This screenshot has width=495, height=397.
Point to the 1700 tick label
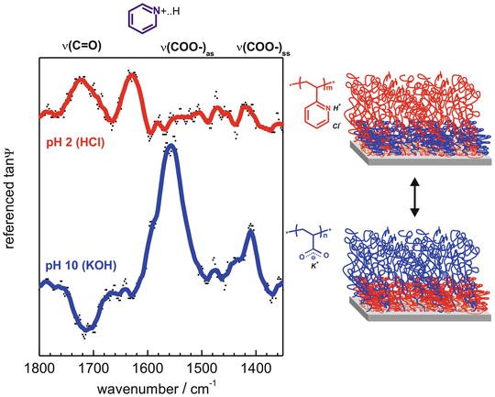point(92,369)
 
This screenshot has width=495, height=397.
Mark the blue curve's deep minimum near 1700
point(88,325)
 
